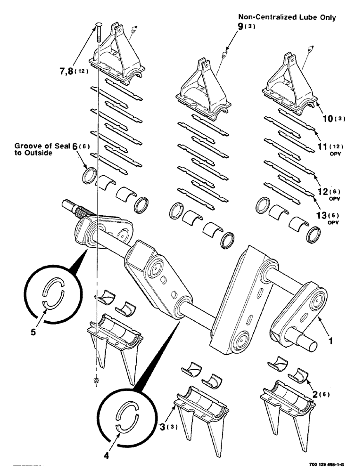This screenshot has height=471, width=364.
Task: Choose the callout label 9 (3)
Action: point(247,27)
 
